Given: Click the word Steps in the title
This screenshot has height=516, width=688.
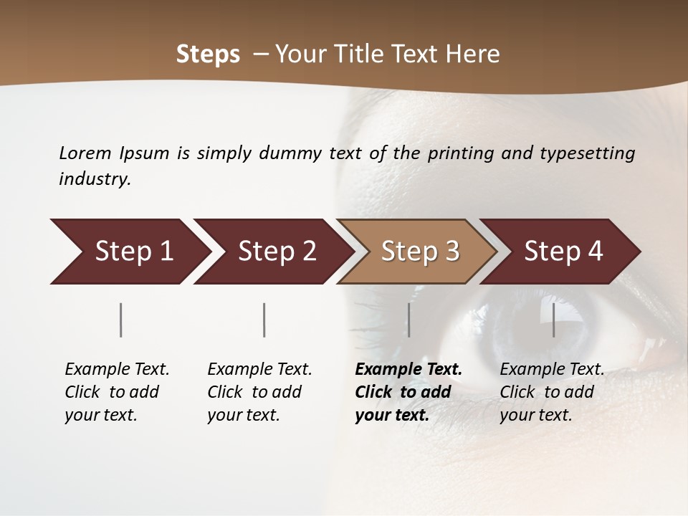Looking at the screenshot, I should pyautogui.click(x=208, y=54).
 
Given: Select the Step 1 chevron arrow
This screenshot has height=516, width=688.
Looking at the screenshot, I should pyautogui.click(x=129, y=252).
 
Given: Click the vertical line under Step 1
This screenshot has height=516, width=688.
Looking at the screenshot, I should pyautogui.click(x=121, y=320).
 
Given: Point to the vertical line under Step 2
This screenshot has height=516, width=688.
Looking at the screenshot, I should pyautogui.click(x=264, y=320).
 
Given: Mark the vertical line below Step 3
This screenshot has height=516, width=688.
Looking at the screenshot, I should pyautogui.click(x=408, y=320).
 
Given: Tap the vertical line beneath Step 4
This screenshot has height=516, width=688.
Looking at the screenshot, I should pyautogui.click(x=553, y=320).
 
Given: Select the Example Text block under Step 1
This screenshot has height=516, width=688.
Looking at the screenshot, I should pyautogui.click(x=117, y=392).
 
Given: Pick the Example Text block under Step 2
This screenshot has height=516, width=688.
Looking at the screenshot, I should pyautogui.click(x=259, y=392).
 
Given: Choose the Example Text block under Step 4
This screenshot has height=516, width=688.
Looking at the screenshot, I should pyautogui.click(x=552, y=392).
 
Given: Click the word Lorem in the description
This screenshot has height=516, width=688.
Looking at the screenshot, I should pyautogui.click(x=85, y=153).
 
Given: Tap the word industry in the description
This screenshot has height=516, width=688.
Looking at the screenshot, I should pyautogui.click(x=94, y=179).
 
